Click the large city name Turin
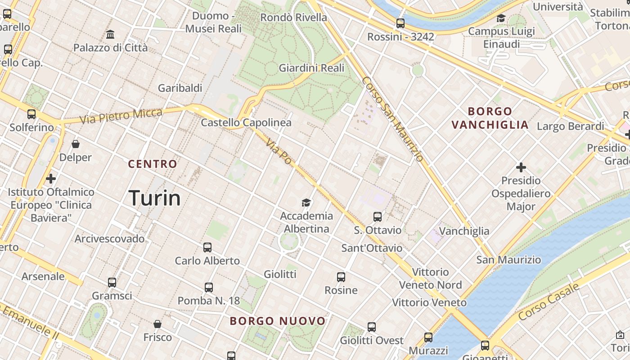coord(155,198)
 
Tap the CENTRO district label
coord(153,164)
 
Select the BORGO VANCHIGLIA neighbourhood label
coord(490,118)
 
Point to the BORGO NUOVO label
coord(278,321)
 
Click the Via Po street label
coord(279,152)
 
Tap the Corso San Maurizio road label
coord(392,119)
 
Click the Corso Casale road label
coord(548,302)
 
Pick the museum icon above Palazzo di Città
coord(110,34)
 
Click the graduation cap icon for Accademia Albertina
coord(306,202)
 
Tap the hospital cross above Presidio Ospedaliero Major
coord(521,167)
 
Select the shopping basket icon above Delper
coord(76,144)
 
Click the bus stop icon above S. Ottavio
coord(378,217)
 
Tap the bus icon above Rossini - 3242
coord(400,23)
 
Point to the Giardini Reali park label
coord(311,68)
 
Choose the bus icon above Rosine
coord(341,277)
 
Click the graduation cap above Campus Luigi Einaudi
coord(501,18)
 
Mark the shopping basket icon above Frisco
coord(157,324)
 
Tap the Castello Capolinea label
coord(246,122)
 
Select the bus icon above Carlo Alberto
coord(207,247)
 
